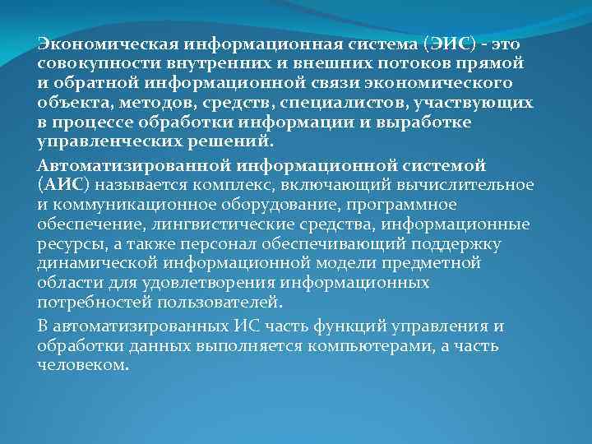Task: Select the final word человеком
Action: pyautogui.click(x=83, y=366)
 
